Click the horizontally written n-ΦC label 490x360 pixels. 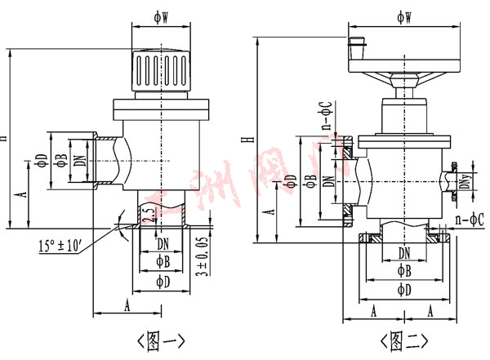click(467, 220)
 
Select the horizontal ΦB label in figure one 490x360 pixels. click(163, 263)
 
